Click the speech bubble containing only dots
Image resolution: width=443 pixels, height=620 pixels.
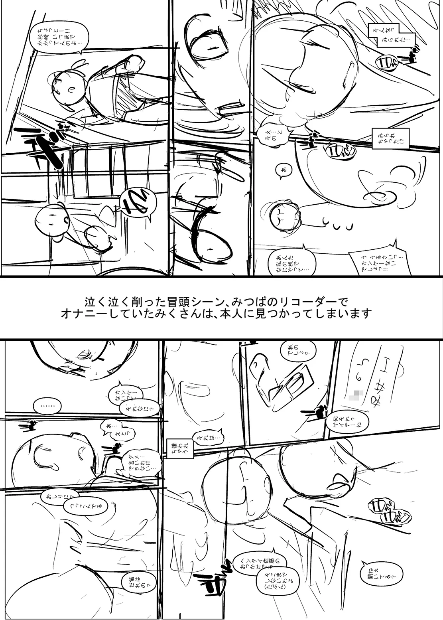[47, 406]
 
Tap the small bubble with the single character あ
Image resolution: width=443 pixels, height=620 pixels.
[283, 170]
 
